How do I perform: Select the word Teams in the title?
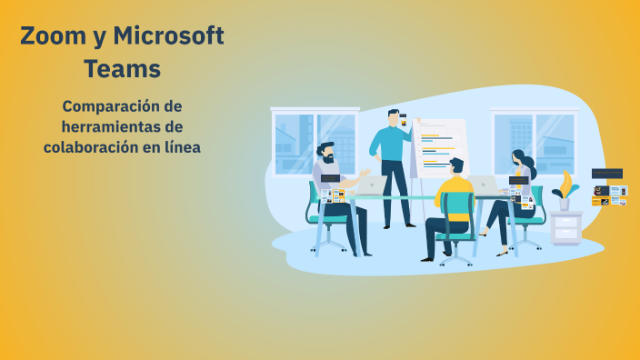click(x=122, y=68)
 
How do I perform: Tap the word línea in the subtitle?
click(x=180, y=146)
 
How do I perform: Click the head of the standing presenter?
click(x=395, y=118)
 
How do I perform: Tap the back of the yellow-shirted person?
click(x=455, y=195)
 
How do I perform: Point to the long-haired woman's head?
click(x=518, y=158)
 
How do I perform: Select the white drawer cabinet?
click(x=565, y=228)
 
